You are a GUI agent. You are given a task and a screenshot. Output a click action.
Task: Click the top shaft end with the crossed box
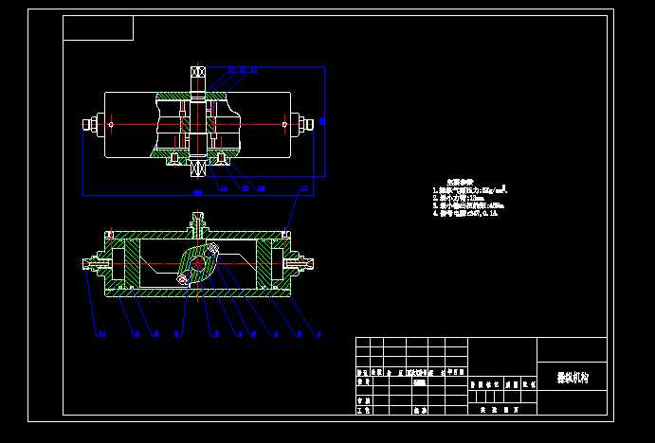coord(198,74)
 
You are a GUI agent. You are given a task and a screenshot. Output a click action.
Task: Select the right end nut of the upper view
coord(305,123)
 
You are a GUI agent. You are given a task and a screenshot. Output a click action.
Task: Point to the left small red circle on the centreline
coord(111,123)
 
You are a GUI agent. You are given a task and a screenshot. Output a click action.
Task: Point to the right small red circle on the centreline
coord(284,123)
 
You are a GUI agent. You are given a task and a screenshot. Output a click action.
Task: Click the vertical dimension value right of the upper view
coord(322,121)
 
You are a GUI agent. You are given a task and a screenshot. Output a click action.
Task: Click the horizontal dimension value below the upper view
coord(197,193)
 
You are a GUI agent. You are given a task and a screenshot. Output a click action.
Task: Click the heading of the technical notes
coord(459,182)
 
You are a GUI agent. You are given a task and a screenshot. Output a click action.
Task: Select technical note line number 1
coord(470,189)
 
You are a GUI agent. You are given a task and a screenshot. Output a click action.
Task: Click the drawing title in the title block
coord(573,377)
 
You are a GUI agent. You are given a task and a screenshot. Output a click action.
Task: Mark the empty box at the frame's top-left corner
coord(98,28)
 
